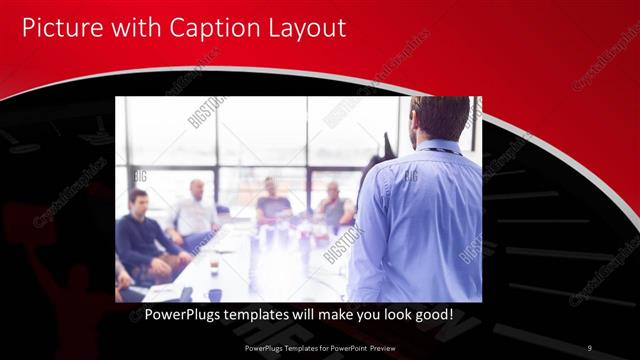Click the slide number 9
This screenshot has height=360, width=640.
[589, 348]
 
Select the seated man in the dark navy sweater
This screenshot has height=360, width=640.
[141, 235]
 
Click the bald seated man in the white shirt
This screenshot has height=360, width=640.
[195, 212]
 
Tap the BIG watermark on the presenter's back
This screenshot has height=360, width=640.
[411, 176]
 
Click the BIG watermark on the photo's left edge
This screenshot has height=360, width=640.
[140, 176]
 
